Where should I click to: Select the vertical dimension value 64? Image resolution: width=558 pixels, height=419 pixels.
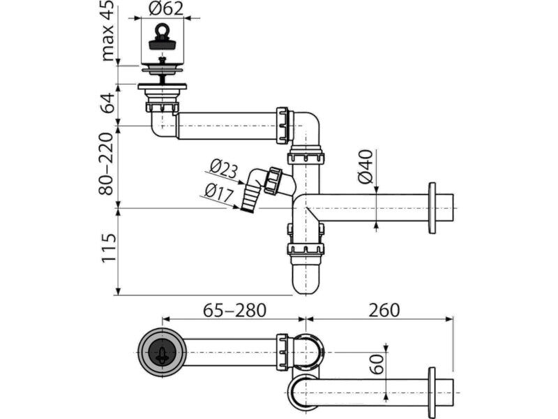(107, 103)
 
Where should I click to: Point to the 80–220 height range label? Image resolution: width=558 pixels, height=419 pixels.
(106, 164)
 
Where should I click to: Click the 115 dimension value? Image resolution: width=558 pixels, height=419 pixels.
(109, 249)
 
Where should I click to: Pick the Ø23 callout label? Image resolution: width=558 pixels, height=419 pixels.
(223, 168)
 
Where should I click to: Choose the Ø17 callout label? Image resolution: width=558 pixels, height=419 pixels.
(219, 193)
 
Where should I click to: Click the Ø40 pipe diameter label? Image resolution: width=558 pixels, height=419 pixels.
(365, 167)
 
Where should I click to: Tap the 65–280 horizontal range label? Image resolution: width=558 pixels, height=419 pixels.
(234, 310)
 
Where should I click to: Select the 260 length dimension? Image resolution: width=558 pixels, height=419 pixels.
(384, 310)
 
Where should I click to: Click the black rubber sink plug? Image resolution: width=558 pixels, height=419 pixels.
(162, 40)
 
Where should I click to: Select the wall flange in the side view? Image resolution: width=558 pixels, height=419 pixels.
(432, 208)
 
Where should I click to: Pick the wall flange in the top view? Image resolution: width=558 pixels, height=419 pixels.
(432, 392)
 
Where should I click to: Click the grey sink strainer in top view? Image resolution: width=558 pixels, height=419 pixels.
(162, 353)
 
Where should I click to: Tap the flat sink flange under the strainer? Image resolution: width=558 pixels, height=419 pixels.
(163, 87)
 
